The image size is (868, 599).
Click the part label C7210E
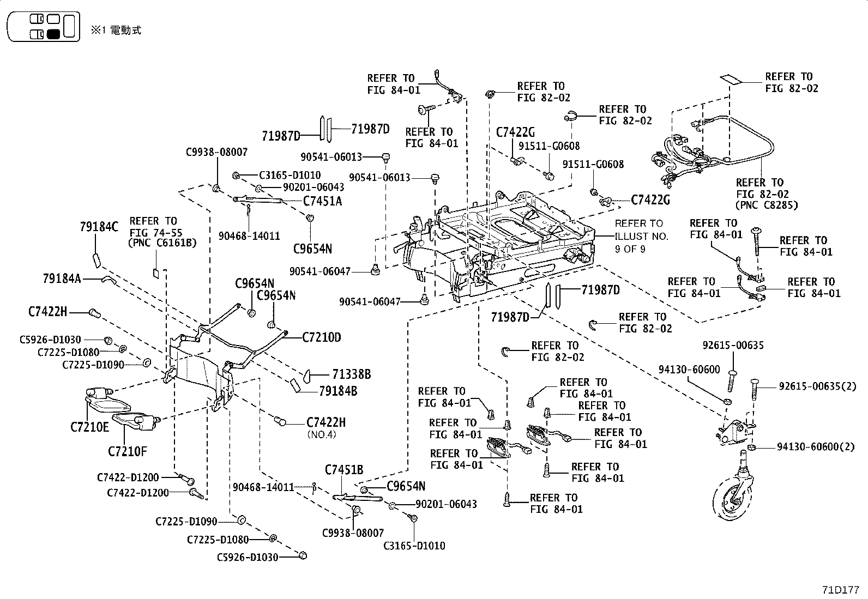[89, 426]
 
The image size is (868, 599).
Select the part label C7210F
[127, 451]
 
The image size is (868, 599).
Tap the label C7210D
[322, 337]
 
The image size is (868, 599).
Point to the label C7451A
[323, 201]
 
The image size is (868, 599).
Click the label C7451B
[344, 470]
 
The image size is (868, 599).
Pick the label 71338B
[352, 374]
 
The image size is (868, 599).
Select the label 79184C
[98, 227]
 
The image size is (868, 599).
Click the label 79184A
[62, 279]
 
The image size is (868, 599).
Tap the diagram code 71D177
[841, 590]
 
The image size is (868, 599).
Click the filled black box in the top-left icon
[53, 34]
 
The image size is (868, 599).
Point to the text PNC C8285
[767, 205]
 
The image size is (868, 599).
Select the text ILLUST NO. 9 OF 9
[638, 236]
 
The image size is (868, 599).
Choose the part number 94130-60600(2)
[816, 447]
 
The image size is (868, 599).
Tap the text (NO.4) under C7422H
[322, 434]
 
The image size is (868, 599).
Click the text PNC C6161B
[163, 243]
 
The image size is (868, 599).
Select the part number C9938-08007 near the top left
[216, 152]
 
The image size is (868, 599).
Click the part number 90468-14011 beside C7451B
[263, 487]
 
